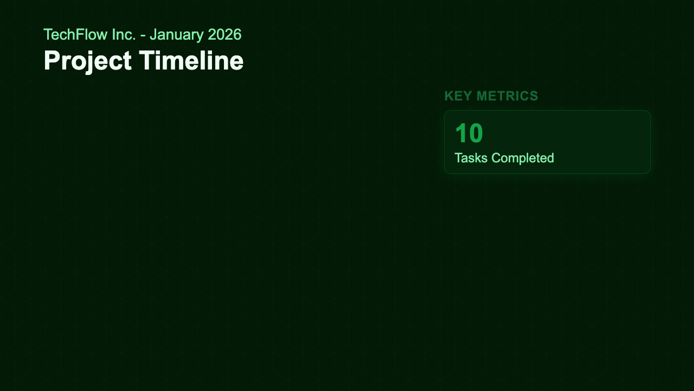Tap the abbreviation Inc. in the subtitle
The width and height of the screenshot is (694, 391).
coord(125,35)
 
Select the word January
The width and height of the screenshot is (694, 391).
coord(176,35)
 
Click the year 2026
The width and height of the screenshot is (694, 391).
coord(224,35)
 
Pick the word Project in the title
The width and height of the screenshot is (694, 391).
coord(87,61)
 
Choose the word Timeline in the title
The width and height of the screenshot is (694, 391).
coord(191,61)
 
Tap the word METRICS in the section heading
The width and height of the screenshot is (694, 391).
coord(507,96)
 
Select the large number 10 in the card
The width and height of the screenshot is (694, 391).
coord(468,134)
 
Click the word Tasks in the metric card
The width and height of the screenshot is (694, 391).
coord(470,158)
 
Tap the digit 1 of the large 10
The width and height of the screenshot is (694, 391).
coord(461,134)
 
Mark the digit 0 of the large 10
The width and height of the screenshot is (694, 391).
coord(475,134)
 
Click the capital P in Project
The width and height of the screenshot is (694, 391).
coord(52,61)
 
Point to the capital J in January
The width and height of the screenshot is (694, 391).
coord(153,35)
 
